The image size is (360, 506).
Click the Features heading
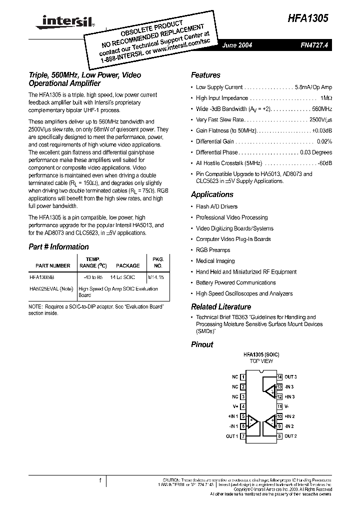205,75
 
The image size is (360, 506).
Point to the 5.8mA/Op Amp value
314,87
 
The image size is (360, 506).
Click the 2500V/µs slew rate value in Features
320,120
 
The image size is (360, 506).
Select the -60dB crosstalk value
325,163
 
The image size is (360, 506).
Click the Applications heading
212,194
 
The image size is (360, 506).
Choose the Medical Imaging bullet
215,261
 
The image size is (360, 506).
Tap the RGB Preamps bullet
213,250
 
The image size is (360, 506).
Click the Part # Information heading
58,247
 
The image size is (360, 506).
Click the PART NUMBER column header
53,266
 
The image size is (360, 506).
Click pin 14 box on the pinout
280,377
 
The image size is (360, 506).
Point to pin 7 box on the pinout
243,436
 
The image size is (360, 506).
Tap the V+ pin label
235,406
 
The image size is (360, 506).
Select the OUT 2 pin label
291,436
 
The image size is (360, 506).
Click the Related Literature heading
221,307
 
